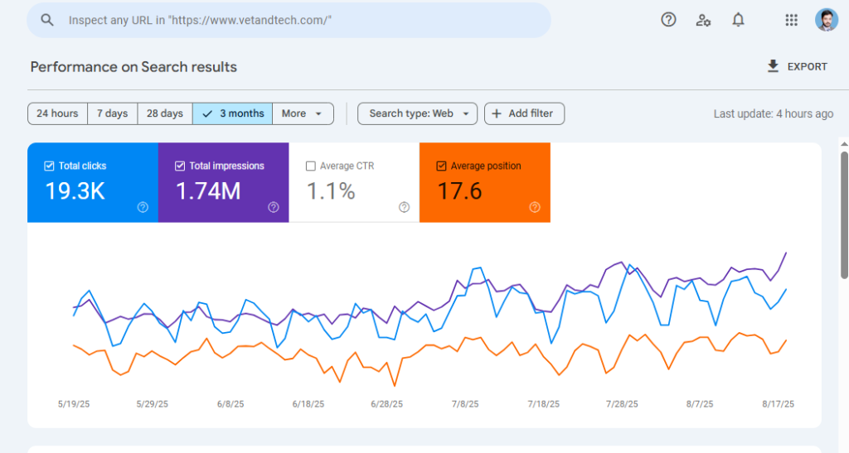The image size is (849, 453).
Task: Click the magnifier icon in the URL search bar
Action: [47, 20]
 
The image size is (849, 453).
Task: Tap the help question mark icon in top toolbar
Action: [668, 20]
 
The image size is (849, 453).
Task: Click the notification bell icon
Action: [738, 20]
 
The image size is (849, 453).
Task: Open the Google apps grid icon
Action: [791, 20]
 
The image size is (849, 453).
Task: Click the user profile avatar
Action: [827, 20]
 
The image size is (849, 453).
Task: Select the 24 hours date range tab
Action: [57, 113]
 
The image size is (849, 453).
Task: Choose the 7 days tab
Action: [112, 113]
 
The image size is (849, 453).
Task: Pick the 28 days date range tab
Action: [165, 113]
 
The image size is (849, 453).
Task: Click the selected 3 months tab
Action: [232, 113]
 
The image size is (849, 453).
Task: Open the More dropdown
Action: [303, 113]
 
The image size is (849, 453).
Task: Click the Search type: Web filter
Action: [418, 113]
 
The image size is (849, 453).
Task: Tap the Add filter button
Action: [524, 113]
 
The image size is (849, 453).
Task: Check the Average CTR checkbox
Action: [311, 166]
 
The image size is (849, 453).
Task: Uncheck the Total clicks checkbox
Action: [49, 166]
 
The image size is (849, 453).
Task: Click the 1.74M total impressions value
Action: [208, 191]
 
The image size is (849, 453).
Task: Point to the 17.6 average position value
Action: [459, 191]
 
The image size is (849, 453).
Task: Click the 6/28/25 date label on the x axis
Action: [386, 404]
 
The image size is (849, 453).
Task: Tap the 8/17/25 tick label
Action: [778, 404]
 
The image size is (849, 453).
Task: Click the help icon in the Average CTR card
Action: [404, 207]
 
